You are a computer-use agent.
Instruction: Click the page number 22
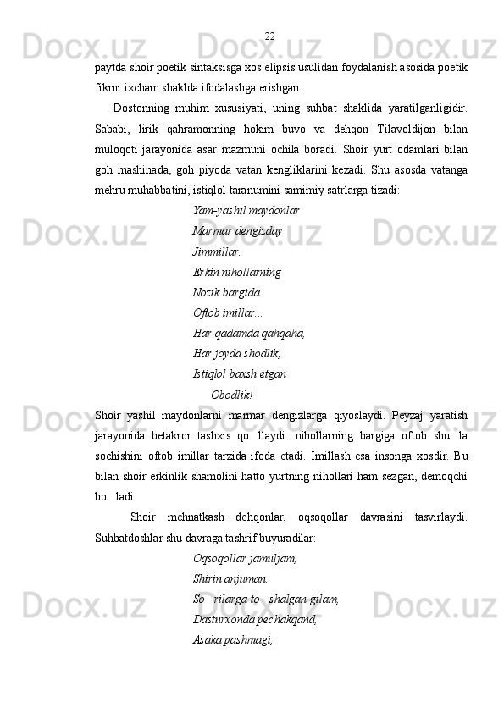click(269, 36)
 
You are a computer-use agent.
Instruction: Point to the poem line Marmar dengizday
click(237, 230)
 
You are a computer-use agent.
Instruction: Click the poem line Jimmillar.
click(217, 251)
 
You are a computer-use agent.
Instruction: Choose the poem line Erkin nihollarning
click(237, 273)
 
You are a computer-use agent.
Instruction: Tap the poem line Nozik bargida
click(226, 293)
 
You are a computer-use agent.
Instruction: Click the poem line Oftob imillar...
click(227, 313)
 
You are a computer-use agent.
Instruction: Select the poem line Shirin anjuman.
click(230, 579)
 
